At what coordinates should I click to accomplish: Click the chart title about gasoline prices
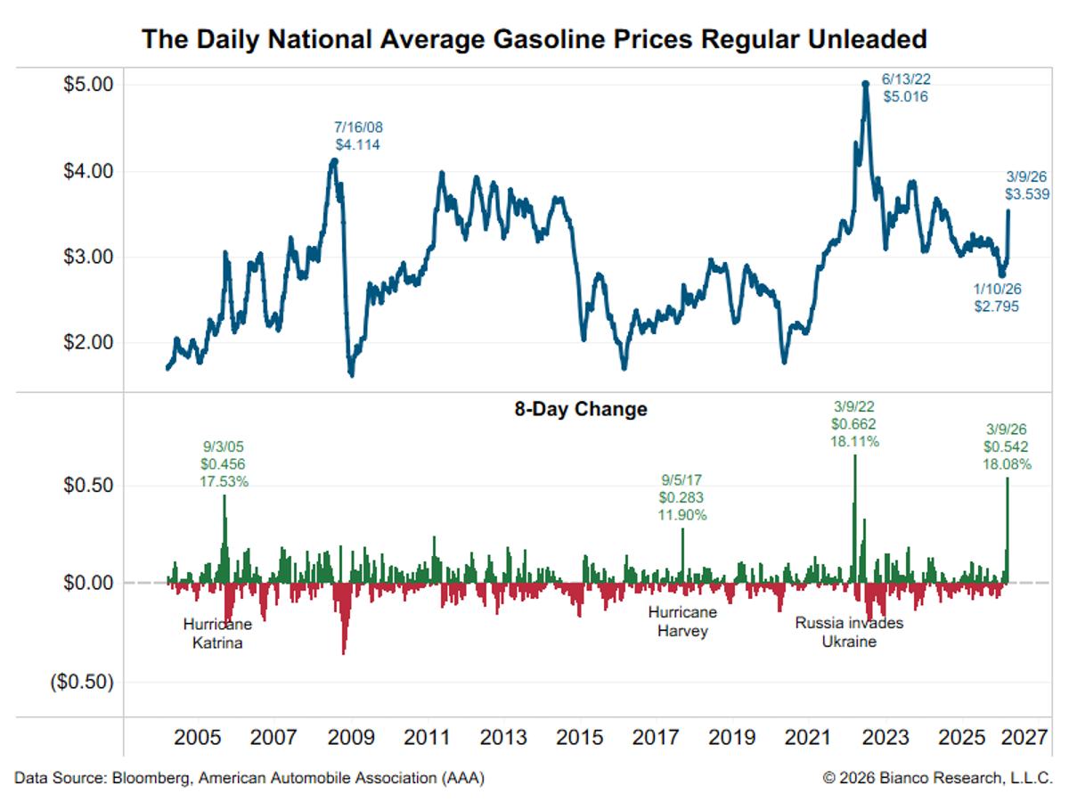[x=534, y=39]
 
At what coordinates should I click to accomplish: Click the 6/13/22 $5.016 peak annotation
[x=905, y=87]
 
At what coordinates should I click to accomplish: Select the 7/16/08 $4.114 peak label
[x=357, y=135]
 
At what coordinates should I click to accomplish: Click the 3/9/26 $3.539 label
[x=1026, y=185]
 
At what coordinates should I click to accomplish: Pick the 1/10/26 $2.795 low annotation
[x=996, y=298]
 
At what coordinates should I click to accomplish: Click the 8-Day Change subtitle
[x=580, y=410]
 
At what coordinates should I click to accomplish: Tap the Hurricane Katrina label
[x=217, y=633]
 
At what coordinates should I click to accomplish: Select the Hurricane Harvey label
[x=682, y=622]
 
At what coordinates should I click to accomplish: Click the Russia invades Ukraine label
[x=849, y=632]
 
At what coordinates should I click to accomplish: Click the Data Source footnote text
[x=249, y=778]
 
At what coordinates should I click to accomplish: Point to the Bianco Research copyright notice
[x=937, y=778]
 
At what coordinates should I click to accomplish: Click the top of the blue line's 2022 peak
[x=865, y=84]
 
